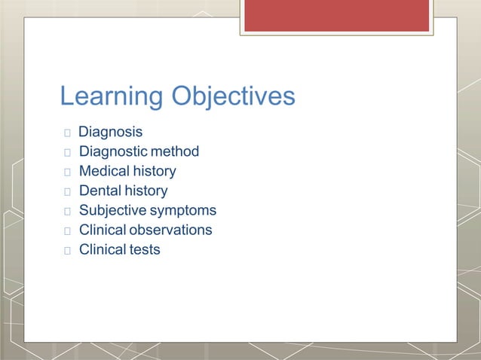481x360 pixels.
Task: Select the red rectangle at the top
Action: pyautogui.click(x=336, y=15)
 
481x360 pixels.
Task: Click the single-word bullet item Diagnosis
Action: pyautogui.click(x=110, y=132)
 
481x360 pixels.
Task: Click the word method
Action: pyautogui.click(x=176, y=151)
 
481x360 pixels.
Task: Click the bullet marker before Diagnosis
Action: pyautogui.click(x=67, y=133)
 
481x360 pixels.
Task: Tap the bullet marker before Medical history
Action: pyautogui.click(x=67, y=172)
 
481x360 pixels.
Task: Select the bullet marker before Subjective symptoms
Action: pyautogui.click(x=67, y=211)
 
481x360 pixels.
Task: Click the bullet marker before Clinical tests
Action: pyautogui.click(x=67, y=250)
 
